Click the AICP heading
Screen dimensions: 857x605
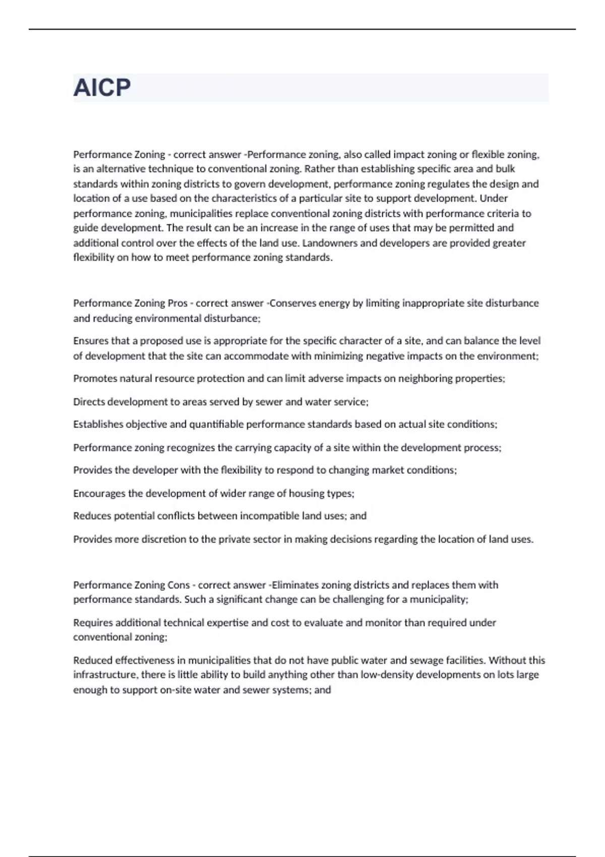[x=102, y=88]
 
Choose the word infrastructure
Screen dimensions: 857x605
[x=105, y=675]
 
